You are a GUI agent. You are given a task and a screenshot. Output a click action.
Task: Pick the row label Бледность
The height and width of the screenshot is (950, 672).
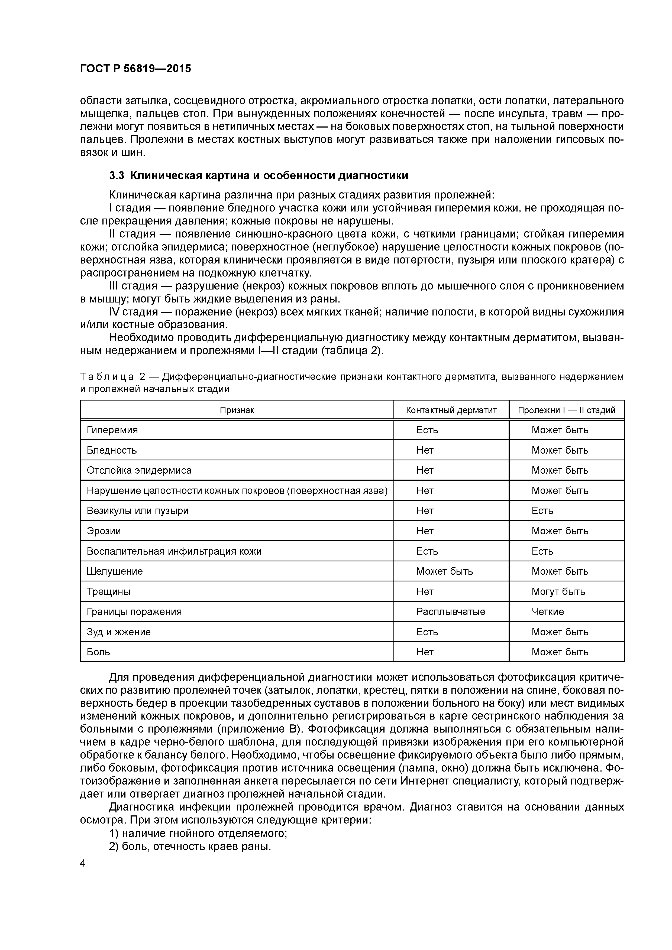[111, 450]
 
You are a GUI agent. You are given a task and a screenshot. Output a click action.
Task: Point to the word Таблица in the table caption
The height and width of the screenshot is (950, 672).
[106, 376]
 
